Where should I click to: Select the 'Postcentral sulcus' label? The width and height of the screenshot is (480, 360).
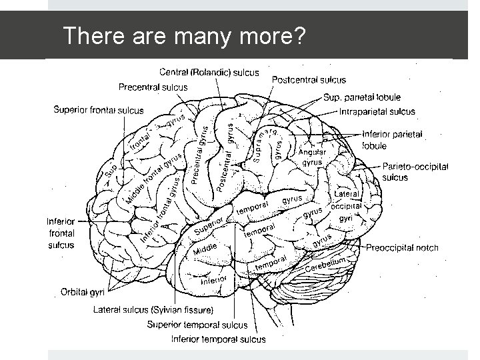[309, 80]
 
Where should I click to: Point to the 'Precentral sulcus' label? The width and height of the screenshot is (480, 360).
[153, 87]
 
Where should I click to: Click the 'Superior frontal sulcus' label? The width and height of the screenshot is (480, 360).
[99, 110]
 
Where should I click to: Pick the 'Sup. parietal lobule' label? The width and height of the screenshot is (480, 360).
[362, 97]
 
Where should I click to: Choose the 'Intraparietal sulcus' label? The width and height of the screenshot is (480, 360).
[377, 112]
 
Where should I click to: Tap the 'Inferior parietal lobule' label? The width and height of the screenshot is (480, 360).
[392, 139]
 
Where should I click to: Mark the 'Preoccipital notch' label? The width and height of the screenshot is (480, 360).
[402, 248]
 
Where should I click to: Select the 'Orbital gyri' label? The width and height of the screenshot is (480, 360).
[85, 291]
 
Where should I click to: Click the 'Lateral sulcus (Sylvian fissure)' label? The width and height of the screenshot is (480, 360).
[153, 310]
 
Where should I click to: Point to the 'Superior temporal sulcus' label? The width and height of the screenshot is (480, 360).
[197, 325]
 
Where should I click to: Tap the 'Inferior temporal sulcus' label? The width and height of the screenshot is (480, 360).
[218, 339]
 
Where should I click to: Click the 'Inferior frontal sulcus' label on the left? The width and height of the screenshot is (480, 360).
[61, 233]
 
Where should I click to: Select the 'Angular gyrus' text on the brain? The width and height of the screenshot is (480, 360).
[312, 157]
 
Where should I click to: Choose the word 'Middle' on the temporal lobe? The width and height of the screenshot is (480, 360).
[205, 251]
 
